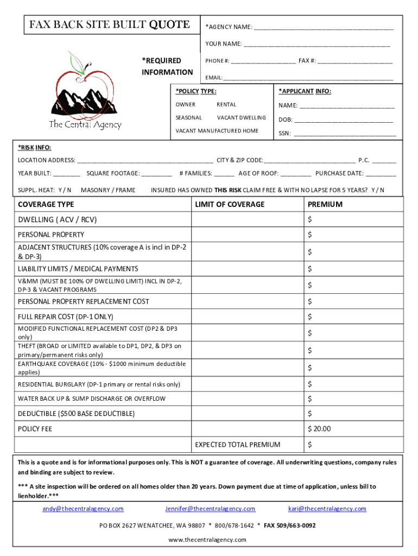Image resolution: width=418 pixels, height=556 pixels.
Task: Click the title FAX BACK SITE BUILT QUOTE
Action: [x=109, y=24]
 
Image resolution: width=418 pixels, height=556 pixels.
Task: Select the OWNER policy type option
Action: [x=185, y=104]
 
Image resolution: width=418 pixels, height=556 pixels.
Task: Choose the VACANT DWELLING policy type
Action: [x=241, y=117]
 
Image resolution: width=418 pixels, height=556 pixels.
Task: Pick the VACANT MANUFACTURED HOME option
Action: [x=217, y=131]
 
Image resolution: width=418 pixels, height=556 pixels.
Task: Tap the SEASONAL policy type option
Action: [x=188, y=117]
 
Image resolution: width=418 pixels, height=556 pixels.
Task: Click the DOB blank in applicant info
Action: [x=344, y=120]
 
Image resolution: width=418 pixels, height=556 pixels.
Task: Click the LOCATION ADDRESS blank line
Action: [x=145, y=161]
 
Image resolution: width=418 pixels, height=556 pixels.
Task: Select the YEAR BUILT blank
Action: [x=67, y=174]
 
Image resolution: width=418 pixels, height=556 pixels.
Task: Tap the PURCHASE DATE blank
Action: [x=381, y=174]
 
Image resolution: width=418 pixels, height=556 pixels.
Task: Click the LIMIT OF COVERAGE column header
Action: [x=230, y=204]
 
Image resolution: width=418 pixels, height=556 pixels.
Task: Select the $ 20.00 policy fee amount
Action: [x=319, y=429]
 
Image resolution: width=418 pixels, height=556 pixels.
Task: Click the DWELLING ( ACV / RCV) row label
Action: [x=58, y=220]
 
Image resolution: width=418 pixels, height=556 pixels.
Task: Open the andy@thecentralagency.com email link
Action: [x=83, y=509]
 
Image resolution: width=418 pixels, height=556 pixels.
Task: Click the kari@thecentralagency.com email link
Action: [x=327, y=509]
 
